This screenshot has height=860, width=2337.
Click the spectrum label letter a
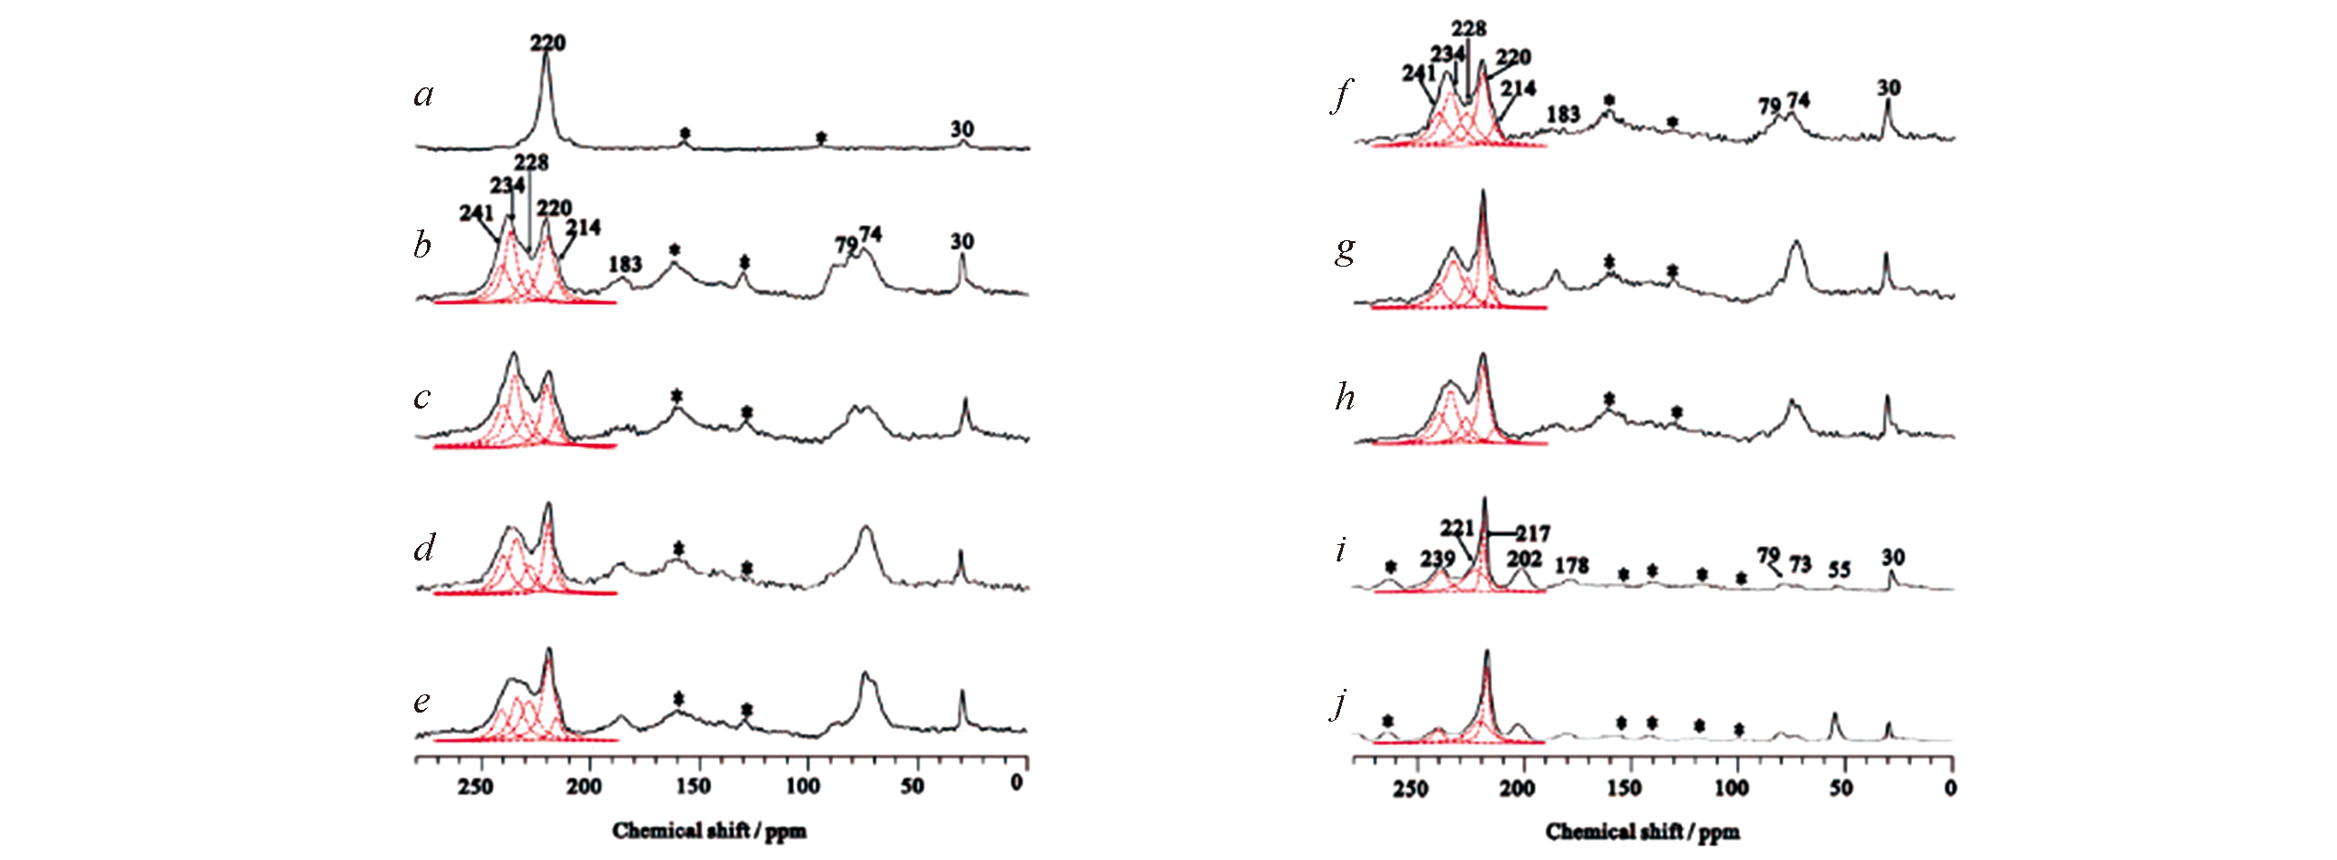tap(423, 95)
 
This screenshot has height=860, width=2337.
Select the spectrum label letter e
tap(422, 702)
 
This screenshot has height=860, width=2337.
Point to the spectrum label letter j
tap(1339, 703)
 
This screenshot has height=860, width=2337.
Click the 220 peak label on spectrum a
tap(548, 43)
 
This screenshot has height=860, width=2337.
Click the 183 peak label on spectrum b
tap(625, 264)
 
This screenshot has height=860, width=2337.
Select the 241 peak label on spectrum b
tap(476, 213)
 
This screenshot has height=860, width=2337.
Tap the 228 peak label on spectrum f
tap(1468, 28)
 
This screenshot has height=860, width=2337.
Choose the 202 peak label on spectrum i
tap(1524, 558)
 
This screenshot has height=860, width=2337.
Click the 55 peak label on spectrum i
tap(1839, 570)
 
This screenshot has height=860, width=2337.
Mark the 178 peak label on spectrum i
tap(1571, 565)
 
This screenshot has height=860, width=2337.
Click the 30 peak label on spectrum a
tap(962, 129)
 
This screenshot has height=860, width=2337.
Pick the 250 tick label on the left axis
tap(476, 786)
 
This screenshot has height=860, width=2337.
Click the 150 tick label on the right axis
tap(1625, 787)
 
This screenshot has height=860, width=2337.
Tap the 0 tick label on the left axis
tap(1017, 783)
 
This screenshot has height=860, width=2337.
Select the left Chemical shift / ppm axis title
tap(709, 830)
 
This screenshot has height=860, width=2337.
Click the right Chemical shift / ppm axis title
tap(1642, 831)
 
